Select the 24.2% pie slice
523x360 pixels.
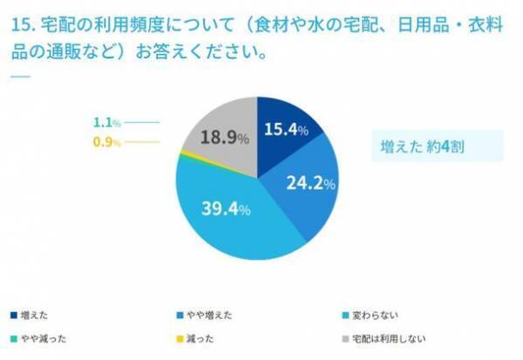tap(305, 186)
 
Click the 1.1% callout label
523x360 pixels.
tap(106, 123)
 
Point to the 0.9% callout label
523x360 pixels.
tap(106, 141)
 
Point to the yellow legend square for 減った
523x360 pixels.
tap(178, 337)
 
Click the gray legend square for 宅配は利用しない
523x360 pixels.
tap(347, 337)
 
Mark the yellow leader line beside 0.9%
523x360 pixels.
tap(143, 141)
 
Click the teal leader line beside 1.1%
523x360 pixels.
tap(143, 123)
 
